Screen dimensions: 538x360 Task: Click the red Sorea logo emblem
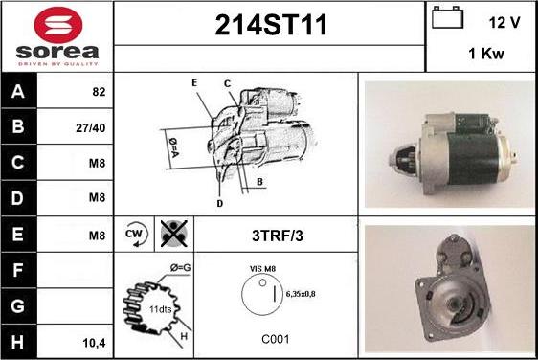[x=58, y=25]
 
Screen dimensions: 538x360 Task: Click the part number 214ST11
[x=271, y=25]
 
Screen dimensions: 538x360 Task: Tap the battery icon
[x=447, y=17]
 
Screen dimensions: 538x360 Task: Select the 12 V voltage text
[x=504, y=23]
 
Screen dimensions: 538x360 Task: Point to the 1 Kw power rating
[x=486, y=54]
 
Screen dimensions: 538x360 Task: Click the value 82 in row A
[x=99, y=92]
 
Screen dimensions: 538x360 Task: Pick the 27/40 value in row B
[x=91, y=128]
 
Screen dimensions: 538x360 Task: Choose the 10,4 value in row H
[x=95, y=343]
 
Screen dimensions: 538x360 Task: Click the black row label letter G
[x=17, y=305]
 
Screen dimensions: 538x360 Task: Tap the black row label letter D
[x=17, y=198]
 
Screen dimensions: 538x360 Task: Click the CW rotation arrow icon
[x=136, y=234]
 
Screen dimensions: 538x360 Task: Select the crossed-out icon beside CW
[x=174, y=234]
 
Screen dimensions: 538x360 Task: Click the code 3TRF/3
[x=278, y=236]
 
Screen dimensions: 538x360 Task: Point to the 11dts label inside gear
[x=160, y=309]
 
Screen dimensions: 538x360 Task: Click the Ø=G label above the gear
[x=181, y=268]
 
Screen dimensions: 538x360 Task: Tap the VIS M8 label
[x=263, y=269]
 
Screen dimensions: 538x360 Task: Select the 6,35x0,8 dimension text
[x=301, y=294]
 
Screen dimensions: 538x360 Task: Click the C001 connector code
[x=276, y=339]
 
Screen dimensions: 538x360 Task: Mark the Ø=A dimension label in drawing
[x=173, y=147]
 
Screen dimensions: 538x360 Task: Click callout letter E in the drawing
[x=194, y=82]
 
